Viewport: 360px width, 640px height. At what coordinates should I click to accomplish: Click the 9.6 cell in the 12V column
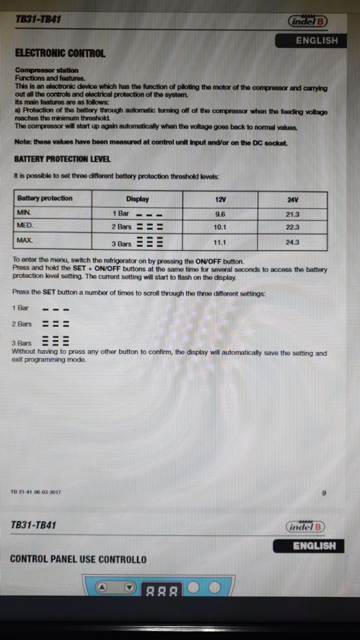tap(220, 214)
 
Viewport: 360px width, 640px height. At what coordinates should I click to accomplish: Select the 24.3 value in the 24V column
tap(292, 242)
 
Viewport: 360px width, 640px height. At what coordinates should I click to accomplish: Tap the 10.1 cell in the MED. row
tap(220, 227)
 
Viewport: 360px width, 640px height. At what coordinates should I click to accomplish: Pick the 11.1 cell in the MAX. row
tap(220, 242)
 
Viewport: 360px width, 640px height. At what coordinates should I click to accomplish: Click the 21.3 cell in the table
tap(292, 214)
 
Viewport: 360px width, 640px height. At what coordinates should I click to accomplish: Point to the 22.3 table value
tap(292, 227)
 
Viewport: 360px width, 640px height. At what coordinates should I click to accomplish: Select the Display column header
tap(137, 199)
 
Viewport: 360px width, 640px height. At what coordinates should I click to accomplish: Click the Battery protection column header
tap(45, 198)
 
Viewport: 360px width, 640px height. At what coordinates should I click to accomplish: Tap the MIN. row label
tap(24, 213)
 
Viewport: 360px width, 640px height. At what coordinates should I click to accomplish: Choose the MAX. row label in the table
tap(24, 240)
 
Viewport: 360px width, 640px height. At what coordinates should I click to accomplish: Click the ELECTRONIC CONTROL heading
tap(60, 53)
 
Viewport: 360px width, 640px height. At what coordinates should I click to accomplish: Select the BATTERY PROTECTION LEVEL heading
tap(62, 159)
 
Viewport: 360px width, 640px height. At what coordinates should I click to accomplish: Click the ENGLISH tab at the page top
tap(316, 40)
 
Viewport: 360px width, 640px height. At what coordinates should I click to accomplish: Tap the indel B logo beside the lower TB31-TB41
tap(306, 527)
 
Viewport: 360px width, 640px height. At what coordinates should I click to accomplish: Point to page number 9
tap(324, 493)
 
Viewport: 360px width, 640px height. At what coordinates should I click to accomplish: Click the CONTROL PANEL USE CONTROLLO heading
tap(78, 560)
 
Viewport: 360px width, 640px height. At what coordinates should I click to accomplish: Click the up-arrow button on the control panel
tap(102, 587)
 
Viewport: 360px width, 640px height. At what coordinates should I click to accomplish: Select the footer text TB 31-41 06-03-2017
tap(36, 492)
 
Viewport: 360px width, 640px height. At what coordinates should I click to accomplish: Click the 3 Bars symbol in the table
tap(150, 242)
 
